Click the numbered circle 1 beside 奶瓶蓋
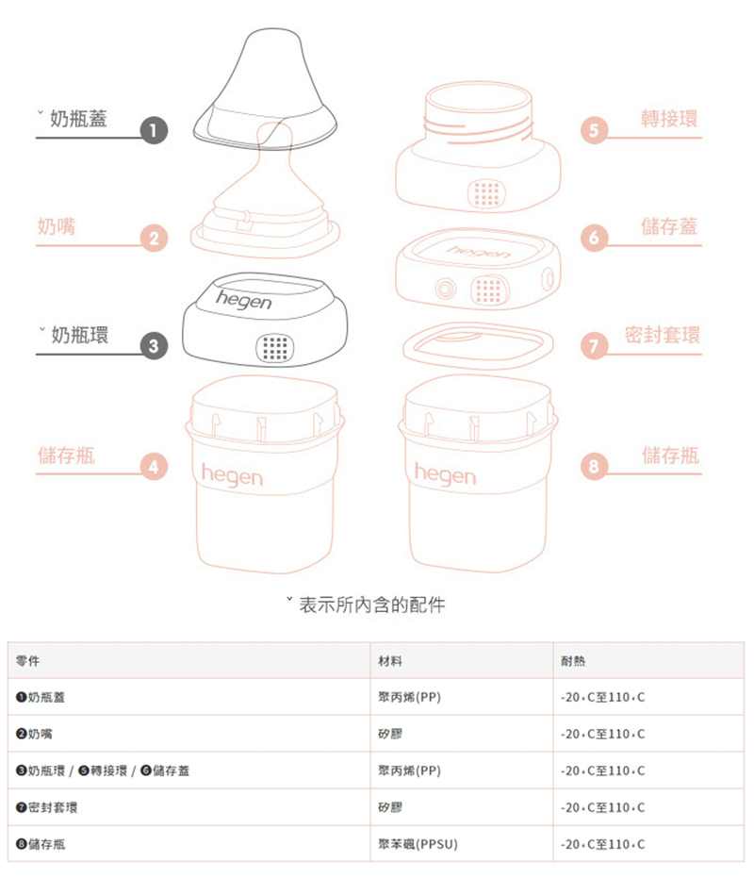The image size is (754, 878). tap(154, 130)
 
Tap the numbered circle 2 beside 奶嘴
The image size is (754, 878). tap(154, 238)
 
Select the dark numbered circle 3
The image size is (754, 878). tap(154, 346)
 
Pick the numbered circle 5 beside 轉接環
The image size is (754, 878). tap(594, 130)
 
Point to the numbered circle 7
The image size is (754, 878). tap(594, 346)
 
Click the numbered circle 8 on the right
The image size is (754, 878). tap(594, 466)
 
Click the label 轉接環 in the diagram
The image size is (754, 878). tap(669, 119)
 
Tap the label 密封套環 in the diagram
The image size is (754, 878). tap(663, 335)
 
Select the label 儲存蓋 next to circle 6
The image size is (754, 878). tap(669, 226)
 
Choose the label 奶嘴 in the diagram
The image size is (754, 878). tap(57, 226)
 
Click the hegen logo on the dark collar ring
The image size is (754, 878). tap(243, 300)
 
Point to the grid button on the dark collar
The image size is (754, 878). tap(275, 348)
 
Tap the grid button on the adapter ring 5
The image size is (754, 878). tap(486, 193)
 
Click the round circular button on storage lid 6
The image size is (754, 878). tap(445, 289)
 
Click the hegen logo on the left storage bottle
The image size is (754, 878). tap(232, 475)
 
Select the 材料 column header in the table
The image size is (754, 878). tap(389, 661)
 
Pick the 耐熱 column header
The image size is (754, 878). tap(573, 661)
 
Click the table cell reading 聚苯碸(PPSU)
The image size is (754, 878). tap(418, 844)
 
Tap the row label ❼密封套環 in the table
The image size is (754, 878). tap(46, 807)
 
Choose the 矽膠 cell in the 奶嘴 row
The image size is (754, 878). tap(389, 734)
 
